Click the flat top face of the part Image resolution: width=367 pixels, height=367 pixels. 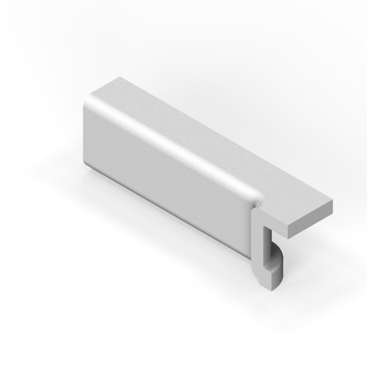coord(210,142)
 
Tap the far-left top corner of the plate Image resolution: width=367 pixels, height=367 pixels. coord(119,77)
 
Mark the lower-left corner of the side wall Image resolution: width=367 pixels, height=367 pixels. coord(87,164)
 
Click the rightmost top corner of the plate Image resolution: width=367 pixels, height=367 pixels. coord(332,201)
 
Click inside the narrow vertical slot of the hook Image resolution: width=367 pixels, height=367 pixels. coord(267,247)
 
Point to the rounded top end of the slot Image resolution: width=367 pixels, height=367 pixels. coord(267,229)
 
